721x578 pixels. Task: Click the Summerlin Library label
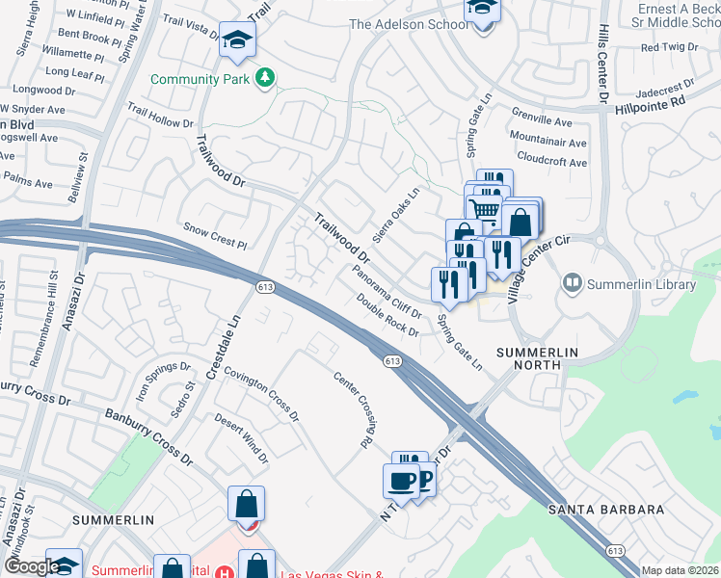pyautogui.click(x=642, y=285)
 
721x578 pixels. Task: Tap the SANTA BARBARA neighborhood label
pyautogui.click(x=606, y=510)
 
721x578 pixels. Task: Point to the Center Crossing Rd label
pyautogui.click(x=354, y=409)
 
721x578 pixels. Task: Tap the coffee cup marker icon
pyautogui.click(x=400, y=480)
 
